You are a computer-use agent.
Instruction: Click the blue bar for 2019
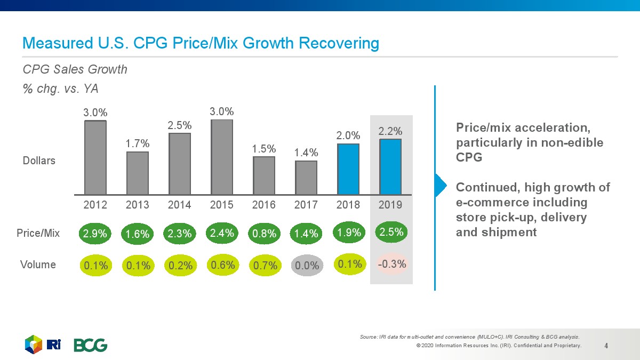[390, 166]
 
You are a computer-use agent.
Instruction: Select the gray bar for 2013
[138, 173]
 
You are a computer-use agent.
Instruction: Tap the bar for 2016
[263, 175]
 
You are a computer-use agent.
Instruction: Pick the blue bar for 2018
[348, 169]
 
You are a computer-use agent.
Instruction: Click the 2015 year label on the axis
[221, 205]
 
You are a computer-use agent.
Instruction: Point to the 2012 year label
[95, 205]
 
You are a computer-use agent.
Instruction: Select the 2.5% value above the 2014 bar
[180, 125]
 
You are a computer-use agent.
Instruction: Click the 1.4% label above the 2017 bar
[306, 154]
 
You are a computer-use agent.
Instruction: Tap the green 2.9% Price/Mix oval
[96, 234]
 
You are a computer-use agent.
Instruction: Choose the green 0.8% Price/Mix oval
[265, 234]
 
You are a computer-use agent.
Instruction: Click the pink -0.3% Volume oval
[391, 264]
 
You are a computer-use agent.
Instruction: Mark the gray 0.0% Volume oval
[307, 265]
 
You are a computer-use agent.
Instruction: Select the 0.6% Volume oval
[222, 265]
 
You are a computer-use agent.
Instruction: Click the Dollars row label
[38, 160]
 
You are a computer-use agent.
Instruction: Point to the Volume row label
[38, 265]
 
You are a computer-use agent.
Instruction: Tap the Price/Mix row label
[38, 233]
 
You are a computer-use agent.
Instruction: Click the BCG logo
[90, 345]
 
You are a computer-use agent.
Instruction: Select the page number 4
[606, 346]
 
